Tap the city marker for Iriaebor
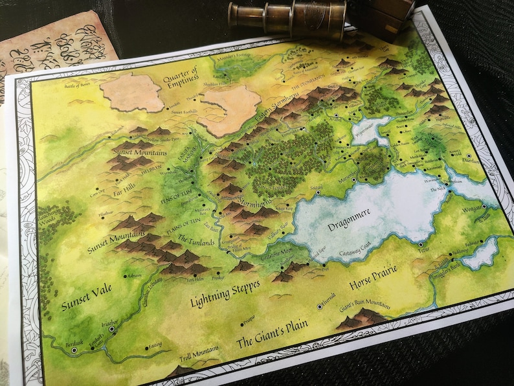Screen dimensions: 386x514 112,329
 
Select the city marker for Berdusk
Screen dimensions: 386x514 74,350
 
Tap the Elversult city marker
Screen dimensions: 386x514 318,305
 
